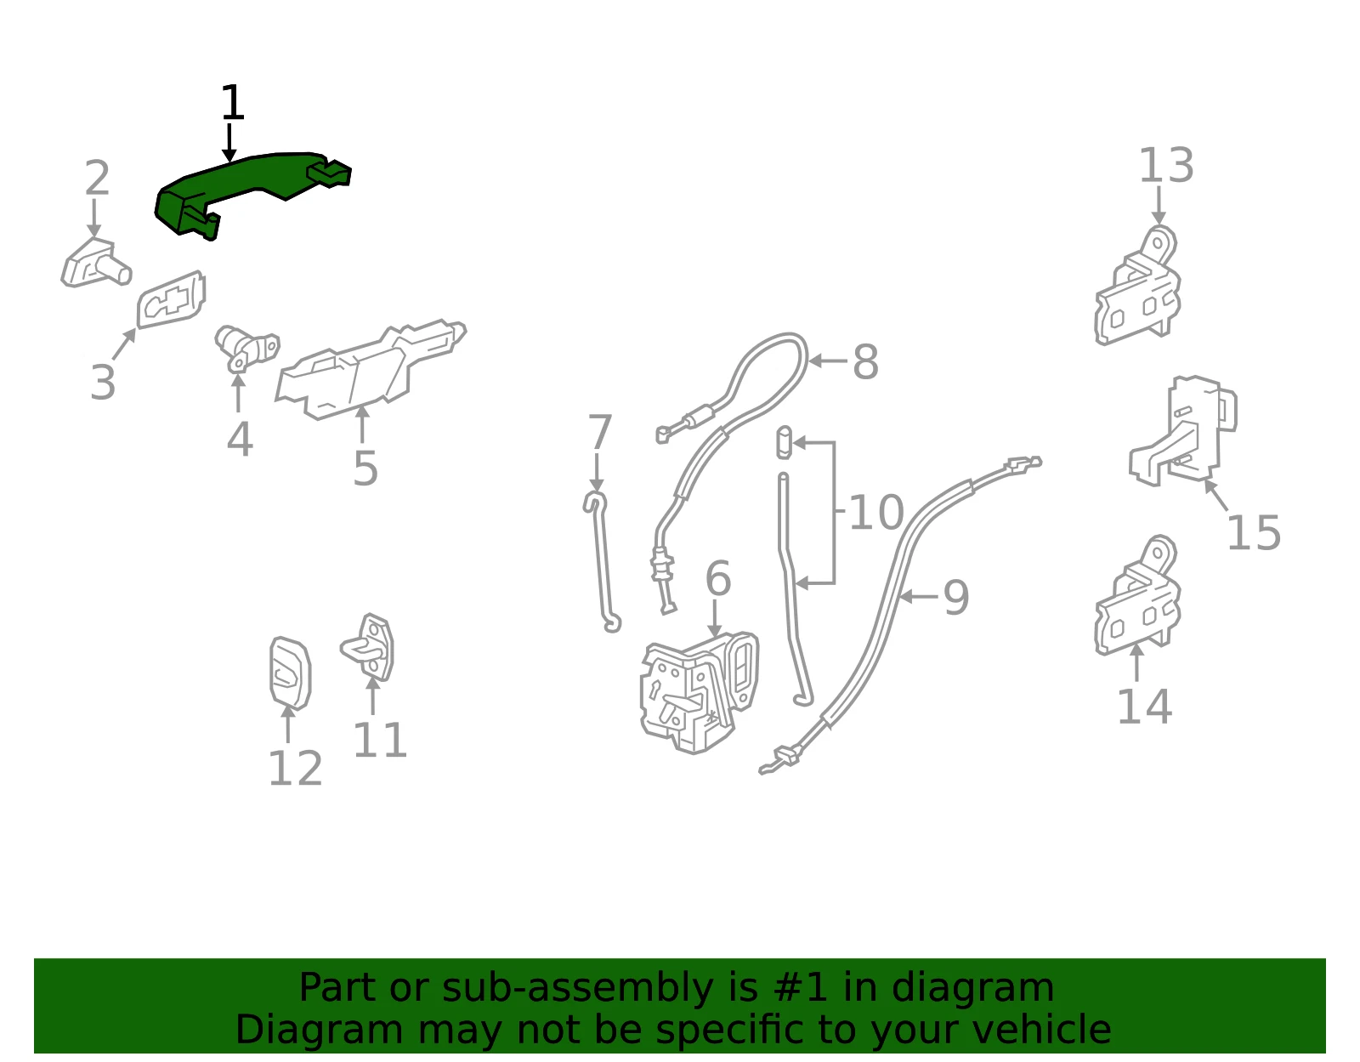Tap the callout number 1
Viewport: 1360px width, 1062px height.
pyautogui.click(x=232, y=102)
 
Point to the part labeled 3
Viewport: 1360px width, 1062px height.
pyautogui.click(x=171, y=299)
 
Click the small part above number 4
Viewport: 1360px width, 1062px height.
pyautogui.click(x=246, y=349)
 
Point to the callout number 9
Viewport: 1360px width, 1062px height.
pyautogui.click(x=956, y=598)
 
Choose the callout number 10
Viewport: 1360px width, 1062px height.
pyautogui.click(x=876, y=513)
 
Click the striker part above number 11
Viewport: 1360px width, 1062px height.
pyautogui.click(x=369, y=647)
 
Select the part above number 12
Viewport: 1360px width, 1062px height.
pyautogui.click(x=290, y=673)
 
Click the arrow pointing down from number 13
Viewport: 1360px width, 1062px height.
pyautogui.click(x=1159, y=206)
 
